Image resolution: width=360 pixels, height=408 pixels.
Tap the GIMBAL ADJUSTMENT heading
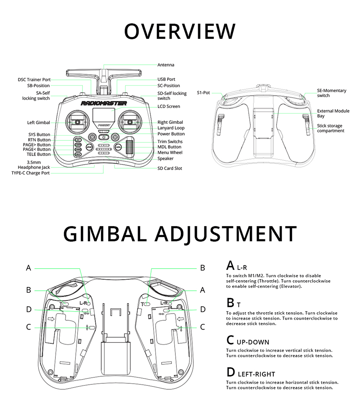[180, 234]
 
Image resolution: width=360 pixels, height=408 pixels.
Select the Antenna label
[166, 65]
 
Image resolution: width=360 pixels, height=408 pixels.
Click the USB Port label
[166, 79]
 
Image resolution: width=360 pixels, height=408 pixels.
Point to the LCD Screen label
[168, 107]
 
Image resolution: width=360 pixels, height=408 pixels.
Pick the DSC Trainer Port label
[34, 80]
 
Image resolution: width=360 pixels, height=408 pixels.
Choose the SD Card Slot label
[170, 169]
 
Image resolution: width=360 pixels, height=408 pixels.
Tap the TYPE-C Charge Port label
[31, 173]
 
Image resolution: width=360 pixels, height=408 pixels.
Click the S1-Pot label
[203, 93]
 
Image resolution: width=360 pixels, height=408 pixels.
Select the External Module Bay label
[333, 113]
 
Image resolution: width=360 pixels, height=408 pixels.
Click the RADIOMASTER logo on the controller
[104, 103]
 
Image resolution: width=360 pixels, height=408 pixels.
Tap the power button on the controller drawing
[104, 137]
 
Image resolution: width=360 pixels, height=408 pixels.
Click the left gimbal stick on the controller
[77, 122]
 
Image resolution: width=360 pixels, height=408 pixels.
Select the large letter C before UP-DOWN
[230, 340]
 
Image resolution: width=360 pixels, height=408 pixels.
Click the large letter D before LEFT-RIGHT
[230, 372]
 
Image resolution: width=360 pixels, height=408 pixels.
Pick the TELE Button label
[39, 154]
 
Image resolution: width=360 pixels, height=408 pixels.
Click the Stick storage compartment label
[329, 128]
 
